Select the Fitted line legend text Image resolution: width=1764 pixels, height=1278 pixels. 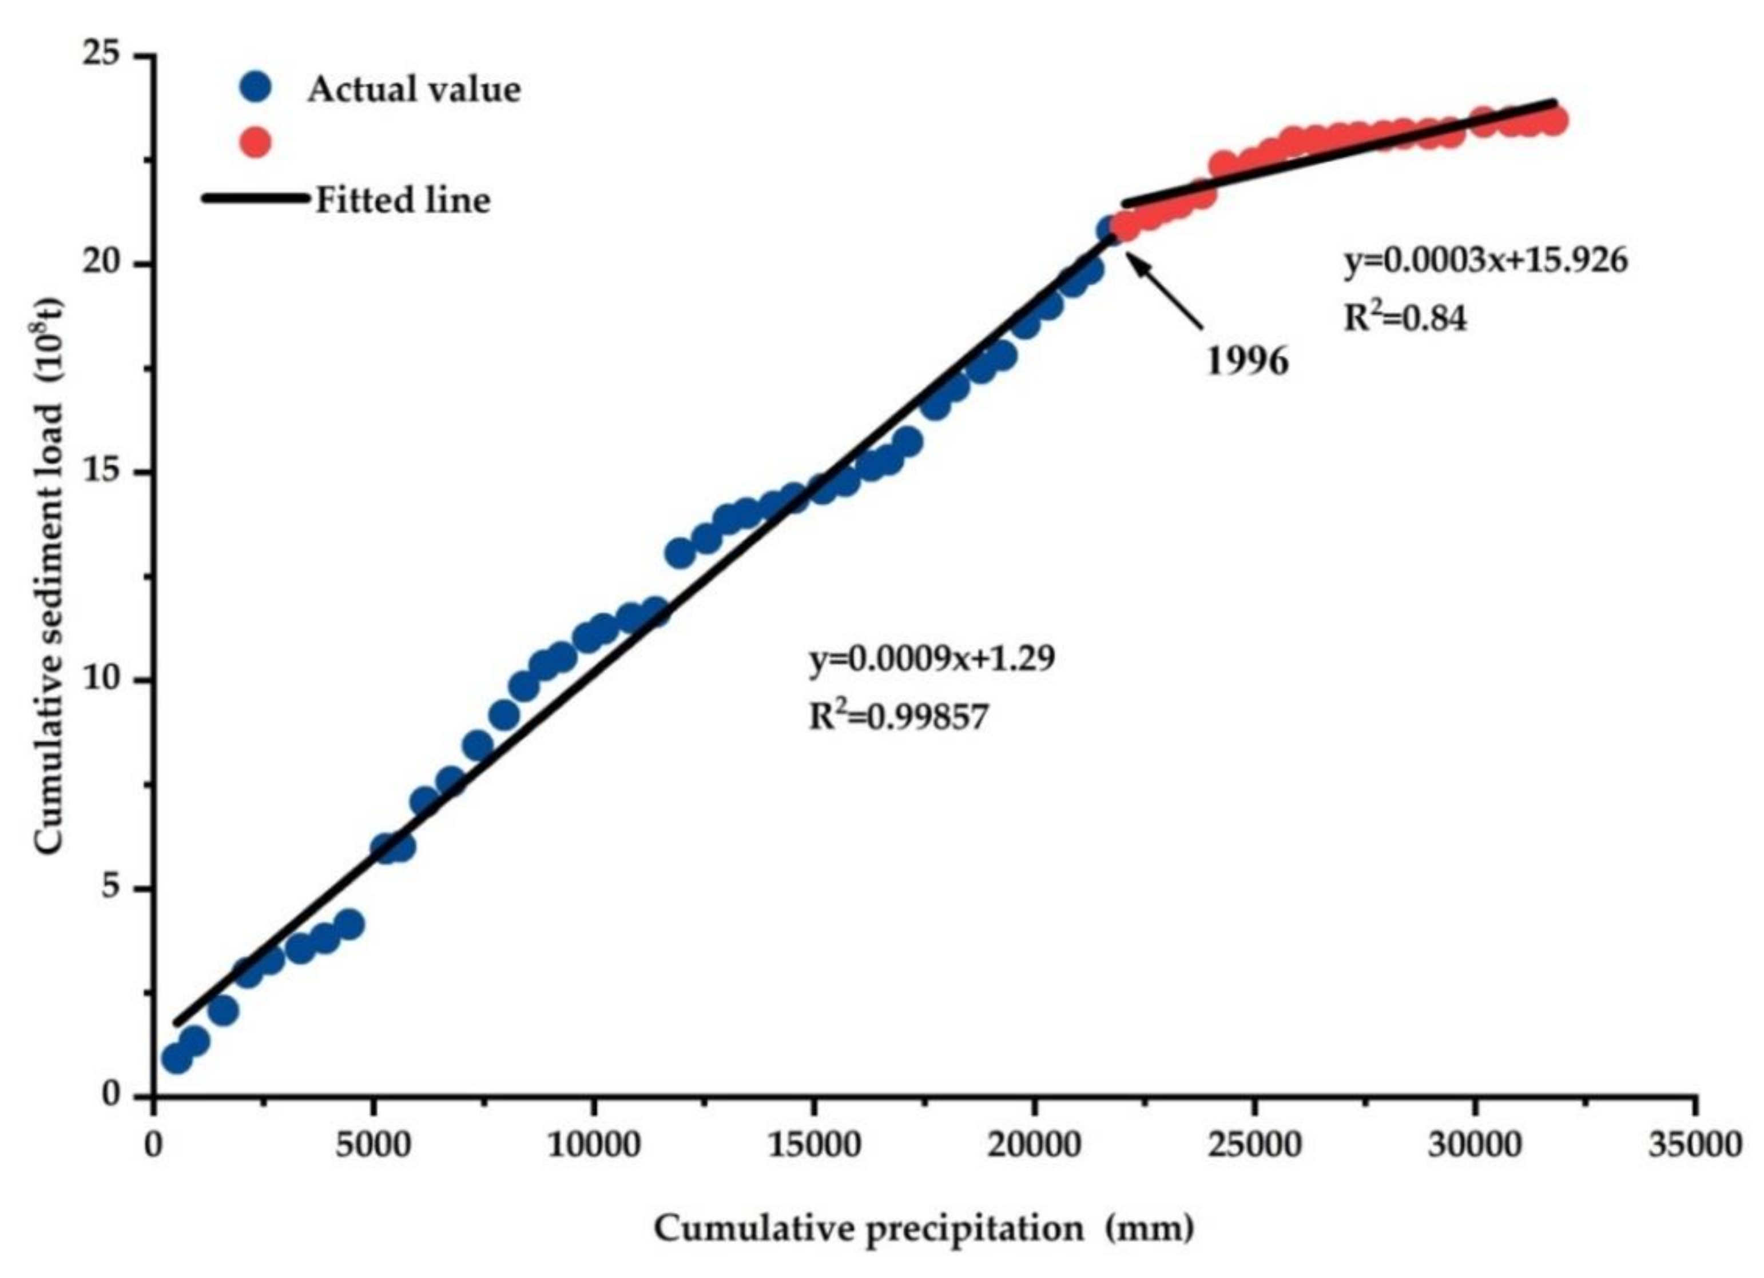pyautogui.click(x=403, y=201)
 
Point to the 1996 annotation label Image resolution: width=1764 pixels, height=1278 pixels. pyautogui.click(x=1247, y=361)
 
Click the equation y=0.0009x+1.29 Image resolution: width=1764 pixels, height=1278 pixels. pyautogui.click(x=932, y=659)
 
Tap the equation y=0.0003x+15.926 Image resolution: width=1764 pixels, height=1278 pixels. pyautogui.click(x=1485, y=261)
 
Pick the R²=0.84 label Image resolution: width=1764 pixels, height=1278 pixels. pyautogui.click(x=1405, y=318)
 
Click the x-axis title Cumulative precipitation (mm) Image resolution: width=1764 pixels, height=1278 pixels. pyautogui.click(x=924, y=1228)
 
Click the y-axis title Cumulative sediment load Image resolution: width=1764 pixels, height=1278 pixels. pyautogui.click(x=48, y=575)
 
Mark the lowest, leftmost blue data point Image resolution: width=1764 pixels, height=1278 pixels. pyautogui.click(x=177, y=1059)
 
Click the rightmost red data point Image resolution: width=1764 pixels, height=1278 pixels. pyautogui.click(x=1553, y=121)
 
